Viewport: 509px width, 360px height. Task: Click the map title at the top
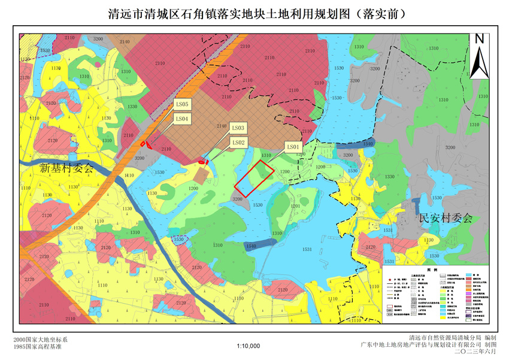255,14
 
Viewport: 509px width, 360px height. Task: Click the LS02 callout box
239,142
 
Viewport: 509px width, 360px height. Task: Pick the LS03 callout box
238,128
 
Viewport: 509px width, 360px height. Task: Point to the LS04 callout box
182,119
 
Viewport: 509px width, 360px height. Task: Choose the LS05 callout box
182,104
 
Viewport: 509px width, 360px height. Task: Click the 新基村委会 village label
67,168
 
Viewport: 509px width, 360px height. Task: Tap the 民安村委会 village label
446,218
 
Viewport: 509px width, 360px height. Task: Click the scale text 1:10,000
249,346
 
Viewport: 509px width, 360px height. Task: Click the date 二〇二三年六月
475,353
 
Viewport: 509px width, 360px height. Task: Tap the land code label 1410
129,176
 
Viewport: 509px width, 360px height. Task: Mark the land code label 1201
295,205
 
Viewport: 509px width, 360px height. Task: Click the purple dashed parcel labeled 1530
178,239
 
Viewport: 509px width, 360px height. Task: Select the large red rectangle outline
255,177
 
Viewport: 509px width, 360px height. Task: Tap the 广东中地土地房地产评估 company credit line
429,346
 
